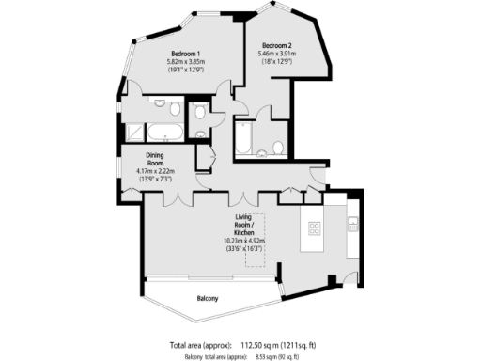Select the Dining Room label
[158, 160]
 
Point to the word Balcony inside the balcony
[208, 299]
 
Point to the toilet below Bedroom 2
[279, 147]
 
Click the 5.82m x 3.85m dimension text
[187, 62]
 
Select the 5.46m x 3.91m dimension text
[277, 55]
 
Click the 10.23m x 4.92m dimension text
[244, 242]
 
